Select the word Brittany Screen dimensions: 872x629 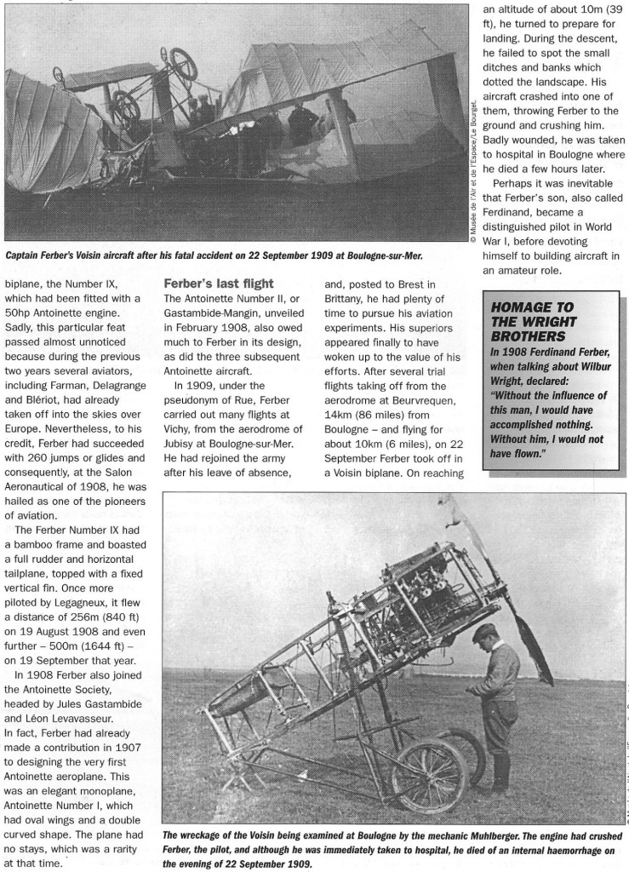point(351,314)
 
